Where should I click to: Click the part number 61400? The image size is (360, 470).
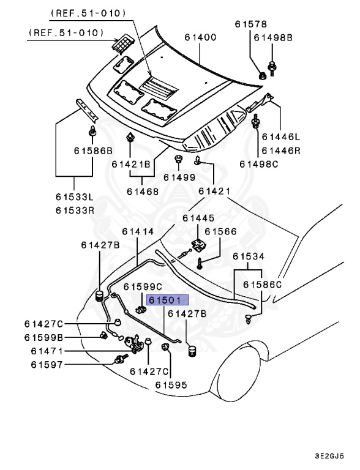[x=200, y=38]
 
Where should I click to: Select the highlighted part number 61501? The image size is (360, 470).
[x=167, y=300]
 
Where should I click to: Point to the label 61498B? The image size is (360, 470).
[x=274, y=38]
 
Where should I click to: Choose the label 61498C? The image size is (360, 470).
[x=258, y=163]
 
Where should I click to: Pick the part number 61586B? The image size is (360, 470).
[x=94, y=151]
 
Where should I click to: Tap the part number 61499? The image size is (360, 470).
[x=179, y=177]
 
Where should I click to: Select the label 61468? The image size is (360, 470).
[x=143, y=192]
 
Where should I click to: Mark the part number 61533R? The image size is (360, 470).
[x=75, y=210]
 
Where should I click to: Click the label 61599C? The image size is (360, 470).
[x=143, y=286]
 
